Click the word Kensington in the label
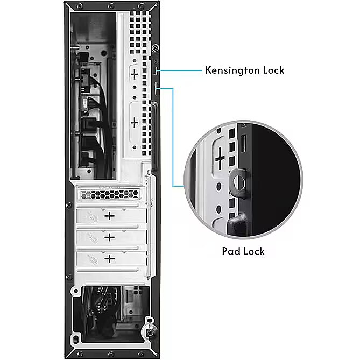point(233,70)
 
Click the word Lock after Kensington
point(274,70)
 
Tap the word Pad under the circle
point(231,251)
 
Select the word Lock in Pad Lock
point(254,251)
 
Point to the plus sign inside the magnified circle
point(220,158)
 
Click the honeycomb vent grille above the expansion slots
point(110,195)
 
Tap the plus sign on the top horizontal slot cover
point(110,216)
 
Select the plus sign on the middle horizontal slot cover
point(110,237)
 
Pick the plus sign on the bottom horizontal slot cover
point(110,259)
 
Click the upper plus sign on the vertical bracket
point(135,74)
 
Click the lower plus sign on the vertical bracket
point(135,123)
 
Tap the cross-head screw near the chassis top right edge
point(156,48)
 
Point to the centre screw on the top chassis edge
point(111,5)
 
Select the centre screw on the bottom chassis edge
point(111,355)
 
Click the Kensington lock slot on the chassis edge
point(156,70)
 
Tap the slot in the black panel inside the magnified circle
point(243,144)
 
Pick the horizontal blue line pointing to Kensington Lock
point(180,70)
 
